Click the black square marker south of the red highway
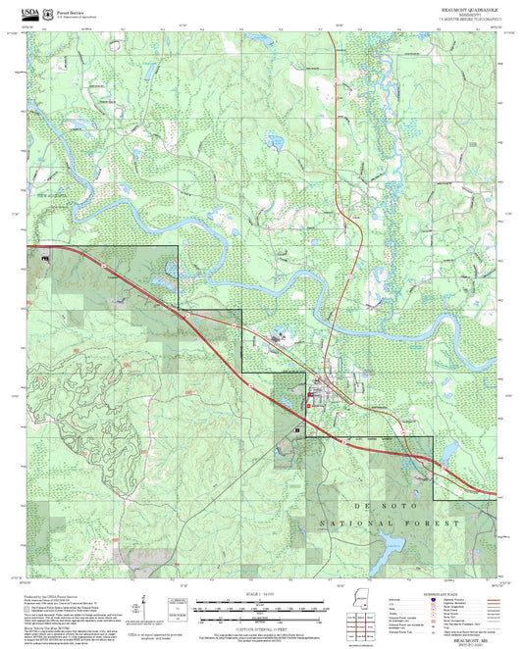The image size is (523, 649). pos(297,429)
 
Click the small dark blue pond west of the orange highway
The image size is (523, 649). pos(274,144)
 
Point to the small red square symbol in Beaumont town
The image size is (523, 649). pos(310,394)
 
